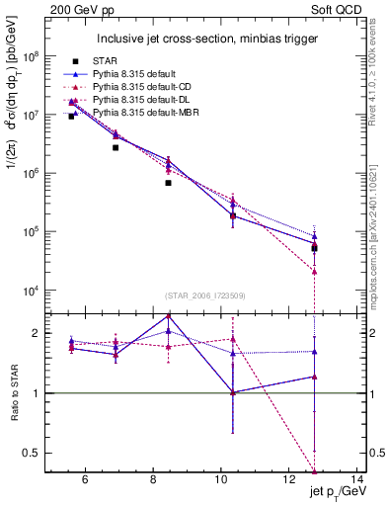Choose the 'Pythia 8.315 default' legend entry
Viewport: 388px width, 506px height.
[x=133, y=74]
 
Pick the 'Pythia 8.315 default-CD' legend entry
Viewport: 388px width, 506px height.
[x=139, y=87]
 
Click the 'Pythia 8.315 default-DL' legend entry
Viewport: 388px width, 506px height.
[x=139, y=100]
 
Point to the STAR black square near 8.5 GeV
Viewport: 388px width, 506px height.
[x=169, y=183]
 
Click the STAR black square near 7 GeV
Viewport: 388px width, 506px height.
[x=116, y=147]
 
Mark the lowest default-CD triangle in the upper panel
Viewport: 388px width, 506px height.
[x=314, y=271]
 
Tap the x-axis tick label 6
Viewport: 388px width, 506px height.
[x=85, y=480]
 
